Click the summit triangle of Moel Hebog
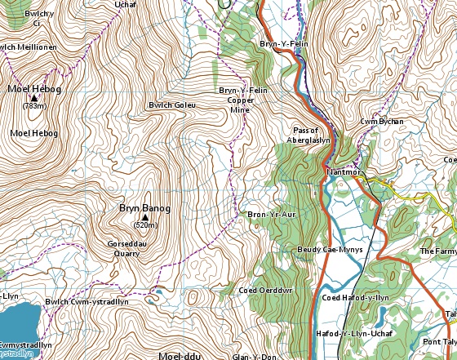tap(33, 97)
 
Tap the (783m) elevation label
tap(33, 106)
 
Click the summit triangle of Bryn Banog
tap(145, 217)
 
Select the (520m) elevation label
tap(145, 225)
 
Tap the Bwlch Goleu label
tap(171, 105)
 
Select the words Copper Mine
tap(240, 104)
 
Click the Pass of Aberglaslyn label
tap(311, 135)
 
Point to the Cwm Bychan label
tap(382, 122)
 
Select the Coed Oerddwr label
tap(260, 290)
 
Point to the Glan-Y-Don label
tap(255, 356)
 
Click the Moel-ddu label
tap(180, 356)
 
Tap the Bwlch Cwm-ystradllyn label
tap(87, 301)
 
